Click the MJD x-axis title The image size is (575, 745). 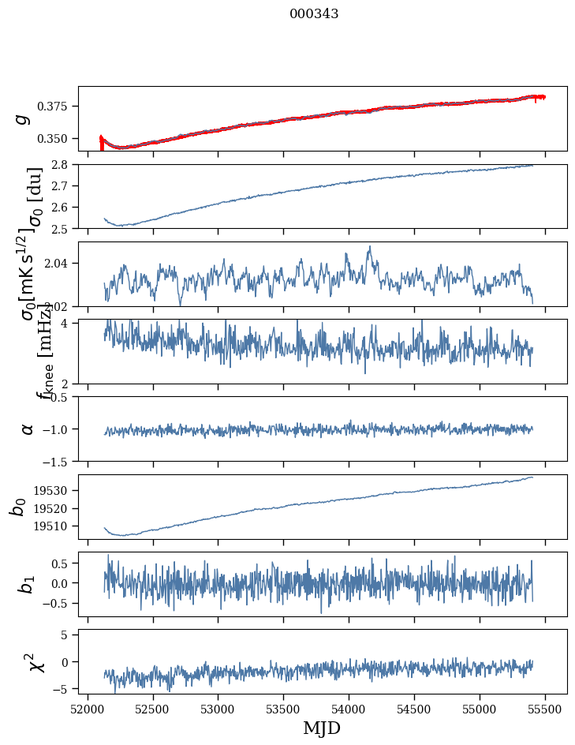coord(322,728)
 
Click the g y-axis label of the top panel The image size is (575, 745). coord(24,118)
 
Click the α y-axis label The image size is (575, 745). coord(28,429)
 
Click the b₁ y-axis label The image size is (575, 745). coord(26,584)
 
